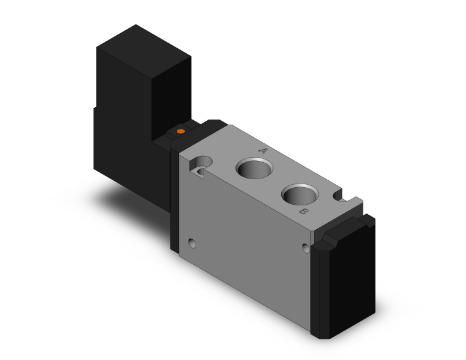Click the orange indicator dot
180,131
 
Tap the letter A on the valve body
262,151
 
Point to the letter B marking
303,212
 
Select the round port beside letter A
254,168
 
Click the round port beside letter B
300,194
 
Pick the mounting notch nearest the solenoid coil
201,167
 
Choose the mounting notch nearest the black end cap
339,196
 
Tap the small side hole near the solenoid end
192,244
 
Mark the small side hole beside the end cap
306,248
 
